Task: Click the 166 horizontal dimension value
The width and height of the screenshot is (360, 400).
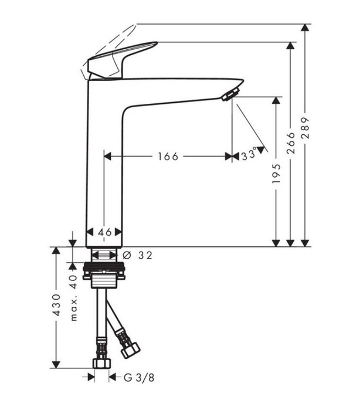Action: point(167,156)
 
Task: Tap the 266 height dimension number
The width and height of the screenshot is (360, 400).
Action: point(291,142)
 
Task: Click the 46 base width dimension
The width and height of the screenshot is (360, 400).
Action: point(104,232)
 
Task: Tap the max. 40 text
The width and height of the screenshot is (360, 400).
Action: point(74,297)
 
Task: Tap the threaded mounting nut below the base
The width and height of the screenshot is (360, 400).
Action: point(104,274)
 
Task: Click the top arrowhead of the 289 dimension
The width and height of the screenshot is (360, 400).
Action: point(305,28)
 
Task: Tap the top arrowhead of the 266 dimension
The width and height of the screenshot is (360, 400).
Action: point(290,46)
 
